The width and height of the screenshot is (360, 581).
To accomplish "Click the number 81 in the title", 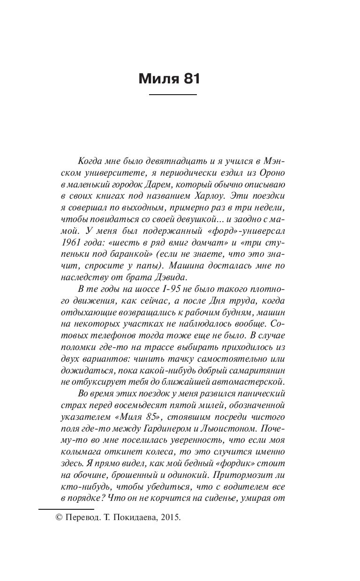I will (x=189, y=78).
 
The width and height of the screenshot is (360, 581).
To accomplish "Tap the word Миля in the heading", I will (x=158, y=78).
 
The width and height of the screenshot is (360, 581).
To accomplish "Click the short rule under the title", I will (x=172, y=95).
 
